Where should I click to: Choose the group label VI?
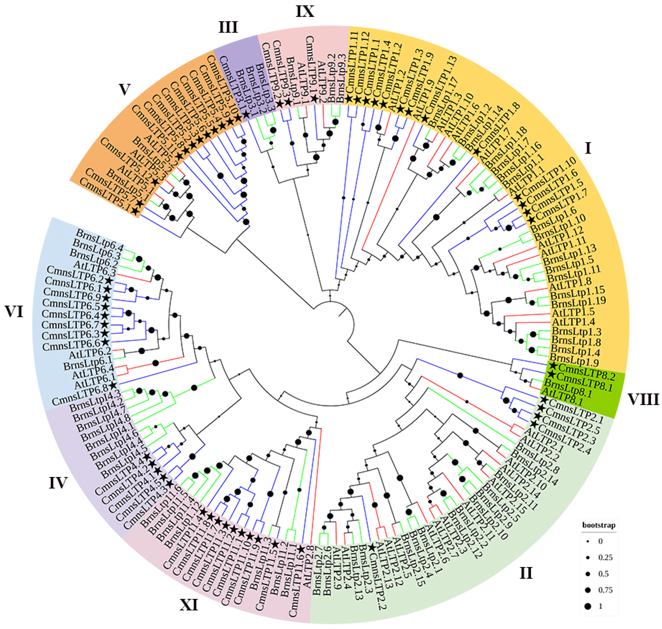click(x=14, y=312)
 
